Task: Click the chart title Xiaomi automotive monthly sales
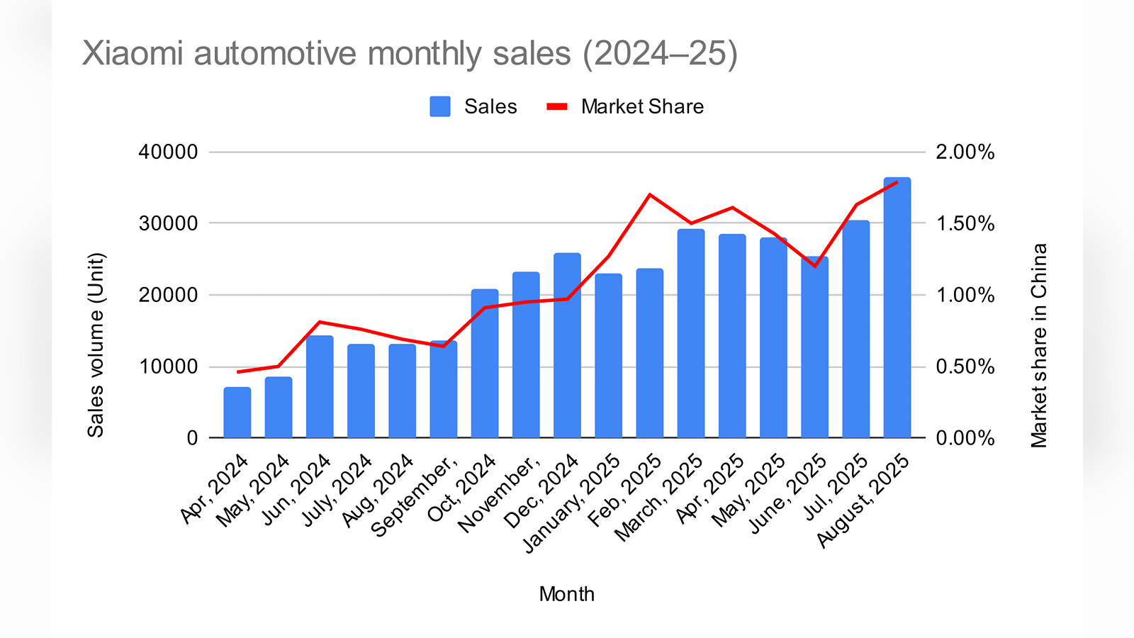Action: [410, 54]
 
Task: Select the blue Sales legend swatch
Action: [439, 106]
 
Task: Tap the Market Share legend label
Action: [642, 106]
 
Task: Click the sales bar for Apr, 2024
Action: [237, 413]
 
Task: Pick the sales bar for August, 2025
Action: [897, 308]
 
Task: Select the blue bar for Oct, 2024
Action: [485, 364]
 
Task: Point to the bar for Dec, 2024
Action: [567, 345]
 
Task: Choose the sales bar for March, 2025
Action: [691, 333]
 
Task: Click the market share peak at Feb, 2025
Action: [650, 194]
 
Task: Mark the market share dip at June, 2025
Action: [815, 266]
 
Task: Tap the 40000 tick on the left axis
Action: [168, 152]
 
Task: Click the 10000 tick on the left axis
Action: [168, 366]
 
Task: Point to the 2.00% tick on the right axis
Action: [965, 152]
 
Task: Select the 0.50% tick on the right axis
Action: [965, 366]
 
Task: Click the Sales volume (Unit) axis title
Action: [96, 345]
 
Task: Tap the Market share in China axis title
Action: [1039, 345]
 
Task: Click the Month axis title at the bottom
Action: [566, 594]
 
